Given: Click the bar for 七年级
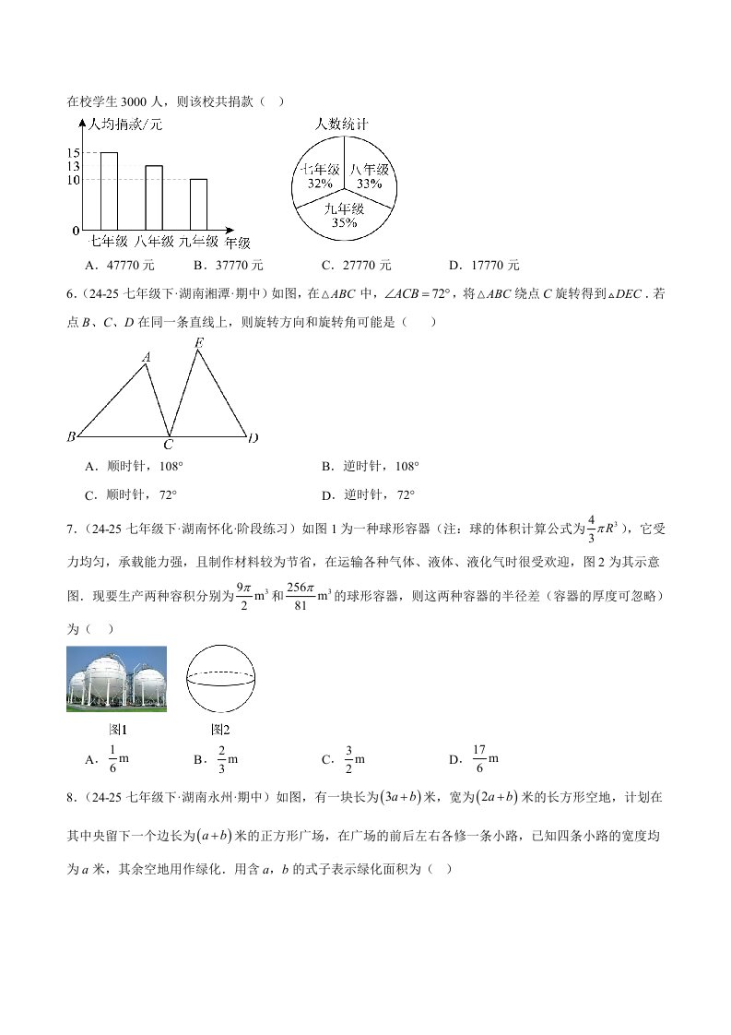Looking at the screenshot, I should click(108, 190).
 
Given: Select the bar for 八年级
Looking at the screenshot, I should click(153, 196).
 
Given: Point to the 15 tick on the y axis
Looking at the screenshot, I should click(73, 152).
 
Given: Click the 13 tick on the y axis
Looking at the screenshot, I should click(73, 166).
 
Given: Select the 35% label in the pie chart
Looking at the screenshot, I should click(344, 222).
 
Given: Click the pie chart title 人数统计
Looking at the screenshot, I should click(342, 123).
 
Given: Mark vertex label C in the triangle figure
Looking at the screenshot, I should click(169, 445).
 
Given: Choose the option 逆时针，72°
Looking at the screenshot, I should click(378, 494).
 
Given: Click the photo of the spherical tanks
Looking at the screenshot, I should click(117, 679).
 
